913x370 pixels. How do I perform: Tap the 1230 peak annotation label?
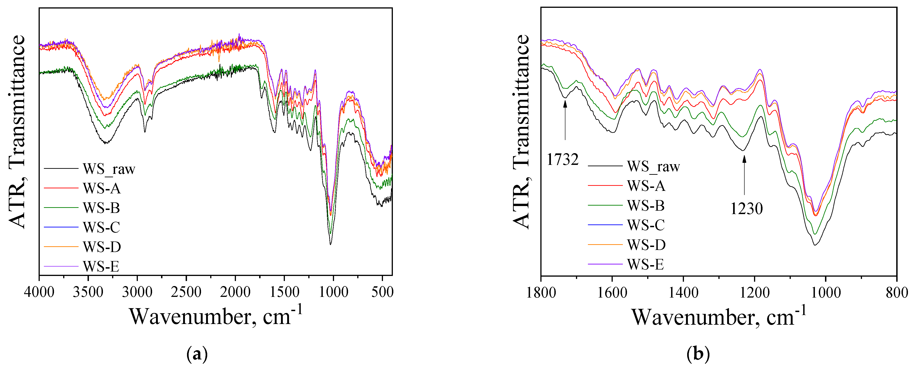coord(746,209)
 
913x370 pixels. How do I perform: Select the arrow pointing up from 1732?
coord(565,121)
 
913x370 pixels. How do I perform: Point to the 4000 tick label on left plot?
coord(39,292)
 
